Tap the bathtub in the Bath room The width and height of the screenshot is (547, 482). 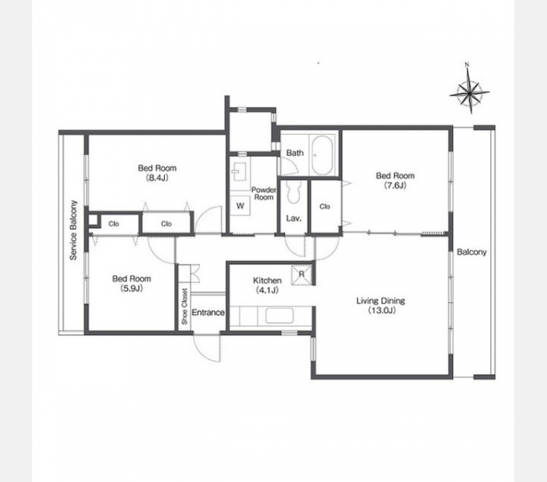tap(322, 155)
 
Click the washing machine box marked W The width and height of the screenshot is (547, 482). tap(240, 206)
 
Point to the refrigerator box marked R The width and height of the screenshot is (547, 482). tap(302, 275)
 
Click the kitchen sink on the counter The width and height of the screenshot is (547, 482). tap(279, 317)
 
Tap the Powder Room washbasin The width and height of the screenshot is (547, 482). tap(240, 171)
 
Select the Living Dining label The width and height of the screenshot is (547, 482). tap(380, 301)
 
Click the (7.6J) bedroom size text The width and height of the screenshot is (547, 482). tap(395, 186)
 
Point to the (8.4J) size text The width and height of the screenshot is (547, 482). tap(157, 178)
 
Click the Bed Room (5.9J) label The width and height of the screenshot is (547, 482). tap(131, 283)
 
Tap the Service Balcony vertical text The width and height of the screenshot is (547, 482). tap(73, 231)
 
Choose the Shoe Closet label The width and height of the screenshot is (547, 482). tap(184, 307)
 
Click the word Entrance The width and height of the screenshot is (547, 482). tap(208, 312)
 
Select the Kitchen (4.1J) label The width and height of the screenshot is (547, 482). tap(267, 285)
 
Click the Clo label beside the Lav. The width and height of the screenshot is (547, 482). tap(325, 206)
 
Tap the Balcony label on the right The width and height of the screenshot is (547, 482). tap(471, 251)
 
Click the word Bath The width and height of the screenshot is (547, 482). tap(294, 153)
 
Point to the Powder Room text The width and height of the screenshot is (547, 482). tap(264, 194)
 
